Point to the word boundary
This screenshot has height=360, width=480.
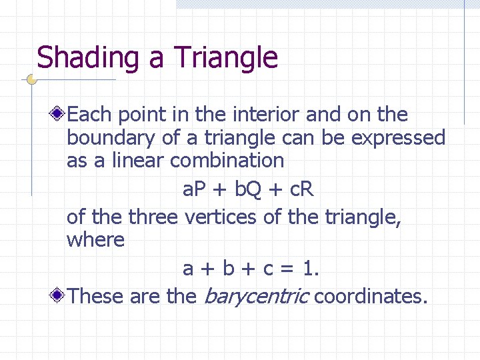111,138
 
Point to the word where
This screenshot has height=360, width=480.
95,240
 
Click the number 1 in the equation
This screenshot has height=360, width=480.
308,269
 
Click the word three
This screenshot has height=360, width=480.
153,217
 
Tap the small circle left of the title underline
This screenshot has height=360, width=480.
31,79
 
